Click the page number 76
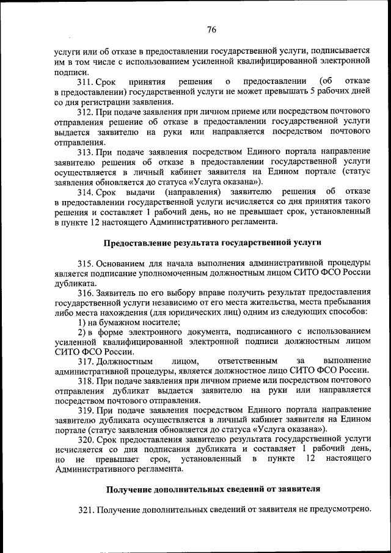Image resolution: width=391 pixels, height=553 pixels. pos(211,29)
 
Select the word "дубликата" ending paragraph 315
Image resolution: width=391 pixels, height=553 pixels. pos(75,283)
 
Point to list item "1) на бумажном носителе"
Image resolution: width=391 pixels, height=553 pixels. pos(120,322)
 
